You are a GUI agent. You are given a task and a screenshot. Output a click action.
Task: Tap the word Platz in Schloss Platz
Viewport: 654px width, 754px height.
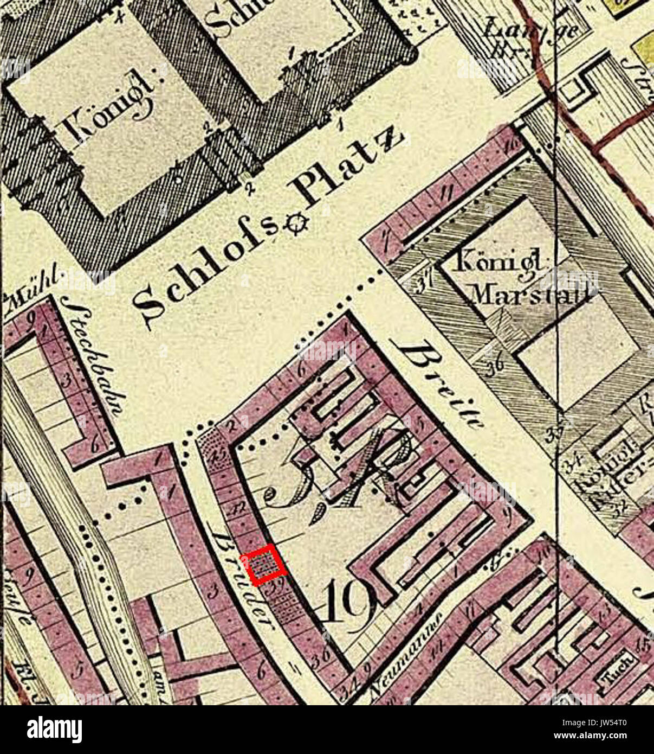(347, 169)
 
